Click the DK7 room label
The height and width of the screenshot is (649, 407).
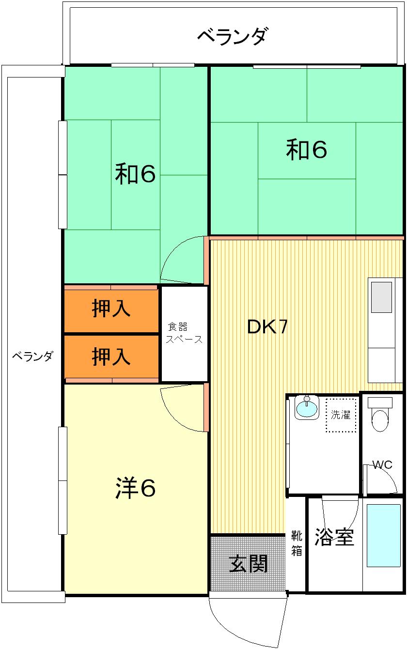pyautogui.click(x=267, y=326)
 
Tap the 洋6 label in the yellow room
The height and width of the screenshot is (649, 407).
pyautogui.click(x=135, y=488)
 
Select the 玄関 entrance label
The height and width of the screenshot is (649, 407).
pyautogui.click(x=248, y=564)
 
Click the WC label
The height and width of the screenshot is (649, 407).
pyautogui.click(x=382, y=465)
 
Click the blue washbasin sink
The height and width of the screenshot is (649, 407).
pyautogui.click(x=306, y=407)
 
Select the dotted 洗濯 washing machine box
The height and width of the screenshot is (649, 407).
pyautogui.click(x=341, y=415)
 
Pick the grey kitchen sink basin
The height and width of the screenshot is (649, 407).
pyautogui.click(x=381, y=297)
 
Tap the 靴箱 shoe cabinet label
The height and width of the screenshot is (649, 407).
pyautogui.click(x=297, y=543)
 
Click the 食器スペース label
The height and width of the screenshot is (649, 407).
pyautogui.click(x=184, y=333)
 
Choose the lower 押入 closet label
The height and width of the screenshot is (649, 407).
pyautogui.click(x=111, y=356)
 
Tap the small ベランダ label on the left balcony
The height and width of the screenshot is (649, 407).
pyautogui.click(x=32, y=356)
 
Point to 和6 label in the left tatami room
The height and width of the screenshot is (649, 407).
pyautogui.click(x=135, y=173)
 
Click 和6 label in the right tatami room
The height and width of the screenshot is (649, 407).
pyautogui.click(x=306, y=150)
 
